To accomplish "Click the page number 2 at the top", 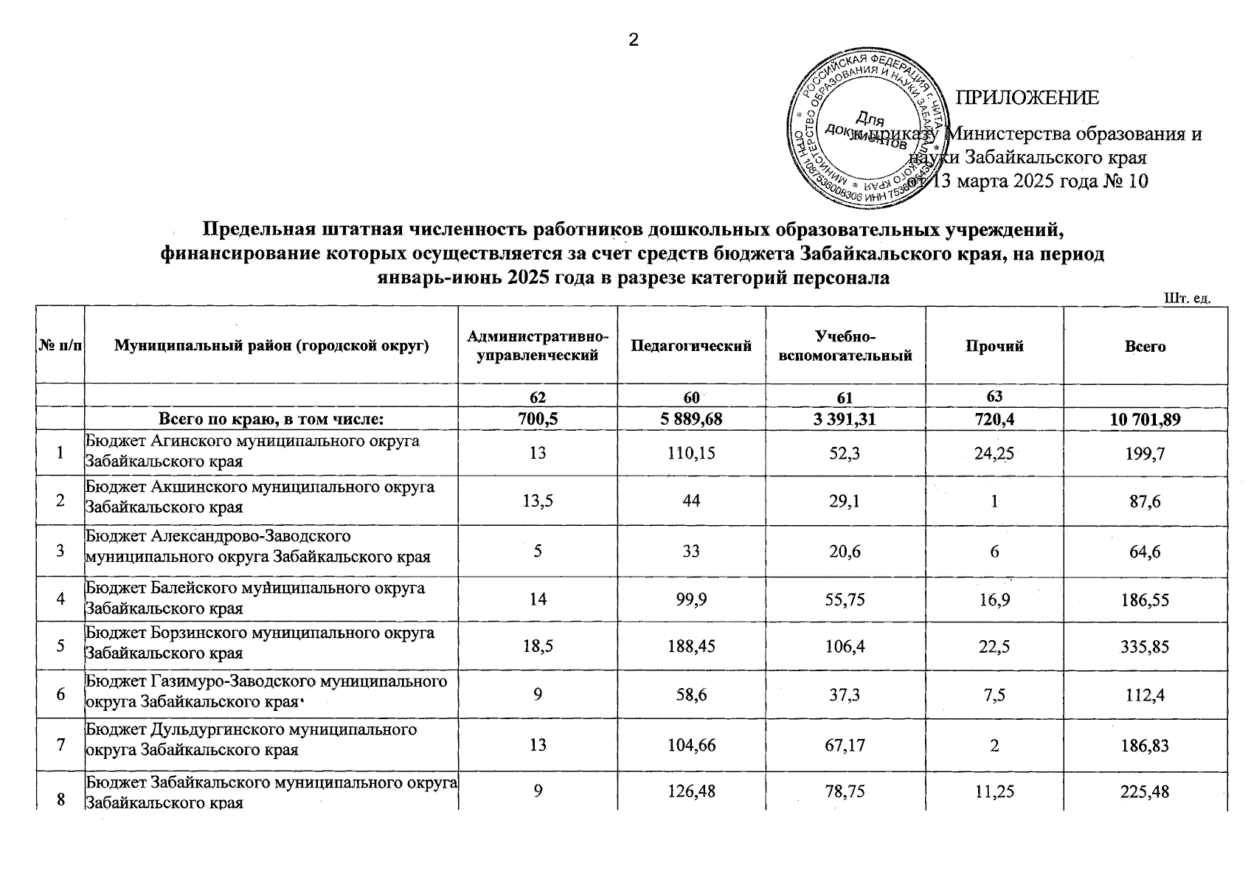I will [632, 41].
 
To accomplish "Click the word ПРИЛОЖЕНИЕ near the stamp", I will [1027, 98].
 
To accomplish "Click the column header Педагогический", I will [691, 347].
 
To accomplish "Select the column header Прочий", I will [994, 347].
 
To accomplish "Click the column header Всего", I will [1145, 347].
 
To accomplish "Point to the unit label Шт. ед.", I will [1188, 299].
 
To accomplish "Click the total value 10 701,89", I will [1145, 420].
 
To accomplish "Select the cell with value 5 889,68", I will [691, 420].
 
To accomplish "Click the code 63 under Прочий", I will [994, 396].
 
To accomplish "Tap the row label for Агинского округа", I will [252, 451].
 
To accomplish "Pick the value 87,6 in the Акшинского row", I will [1145, 502].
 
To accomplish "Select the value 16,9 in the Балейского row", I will [994, 599].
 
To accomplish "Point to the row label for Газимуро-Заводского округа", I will [266, 691].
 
